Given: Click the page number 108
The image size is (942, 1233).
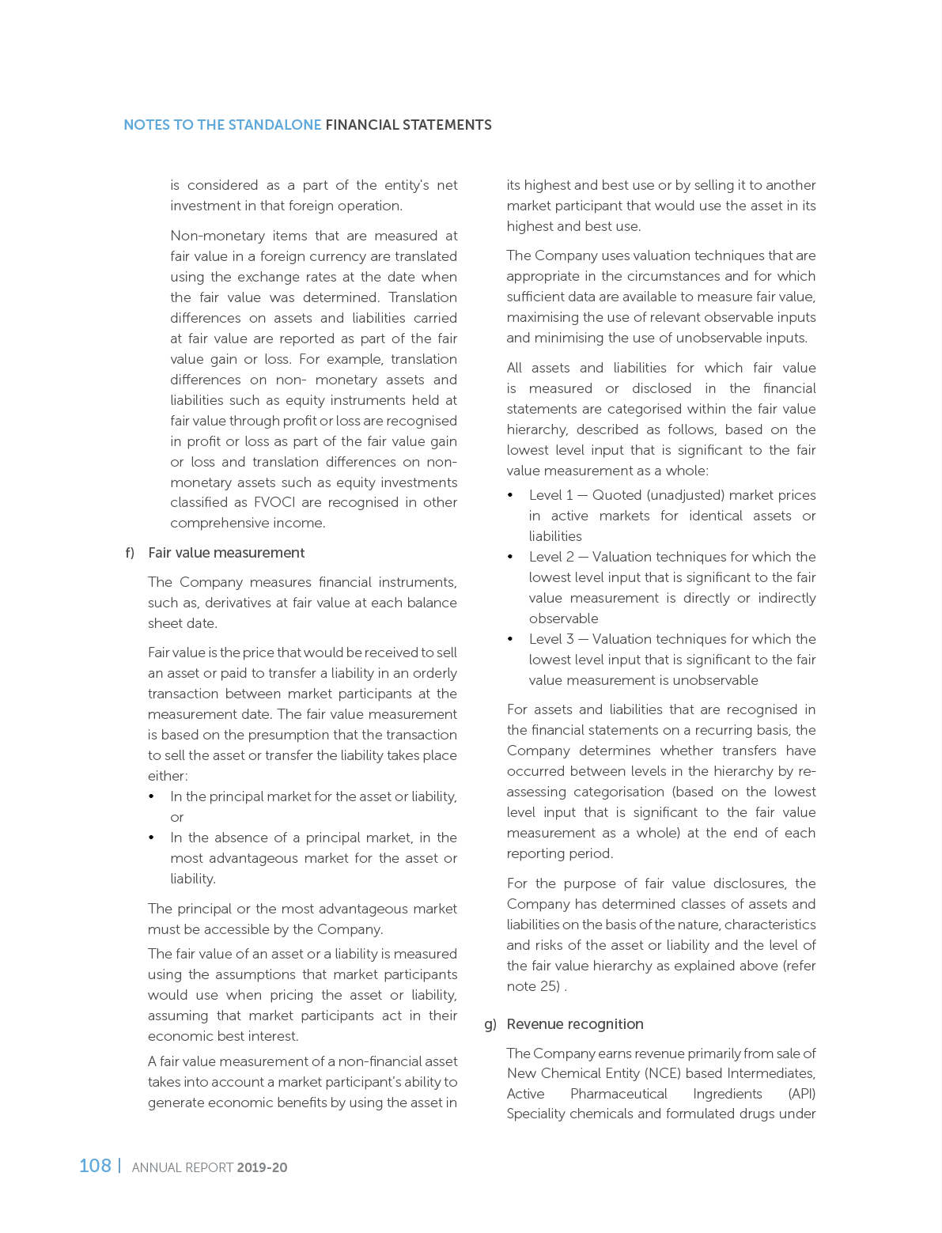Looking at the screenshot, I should tap(95, 1166).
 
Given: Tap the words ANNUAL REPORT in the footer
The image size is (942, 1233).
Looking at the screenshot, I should tap(183, 1167).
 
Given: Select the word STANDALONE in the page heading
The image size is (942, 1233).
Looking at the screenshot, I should tap(274, 125).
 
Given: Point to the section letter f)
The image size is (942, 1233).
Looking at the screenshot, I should tap(131, 553).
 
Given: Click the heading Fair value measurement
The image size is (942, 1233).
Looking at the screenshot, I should tap(226, 553).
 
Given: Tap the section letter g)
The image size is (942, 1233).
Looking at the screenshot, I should tap(490, 1024).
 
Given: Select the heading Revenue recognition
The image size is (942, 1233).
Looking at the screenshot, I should tap(575, 1024).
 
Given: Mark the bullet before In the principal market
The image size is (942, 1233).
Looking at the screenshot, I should tap(152, 796).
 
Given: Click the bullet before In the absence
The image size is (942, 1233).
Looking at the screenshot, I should tap(152, 838).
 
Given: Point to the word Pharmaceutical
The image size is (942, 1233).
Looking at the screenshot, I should tap(619, 1094).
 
